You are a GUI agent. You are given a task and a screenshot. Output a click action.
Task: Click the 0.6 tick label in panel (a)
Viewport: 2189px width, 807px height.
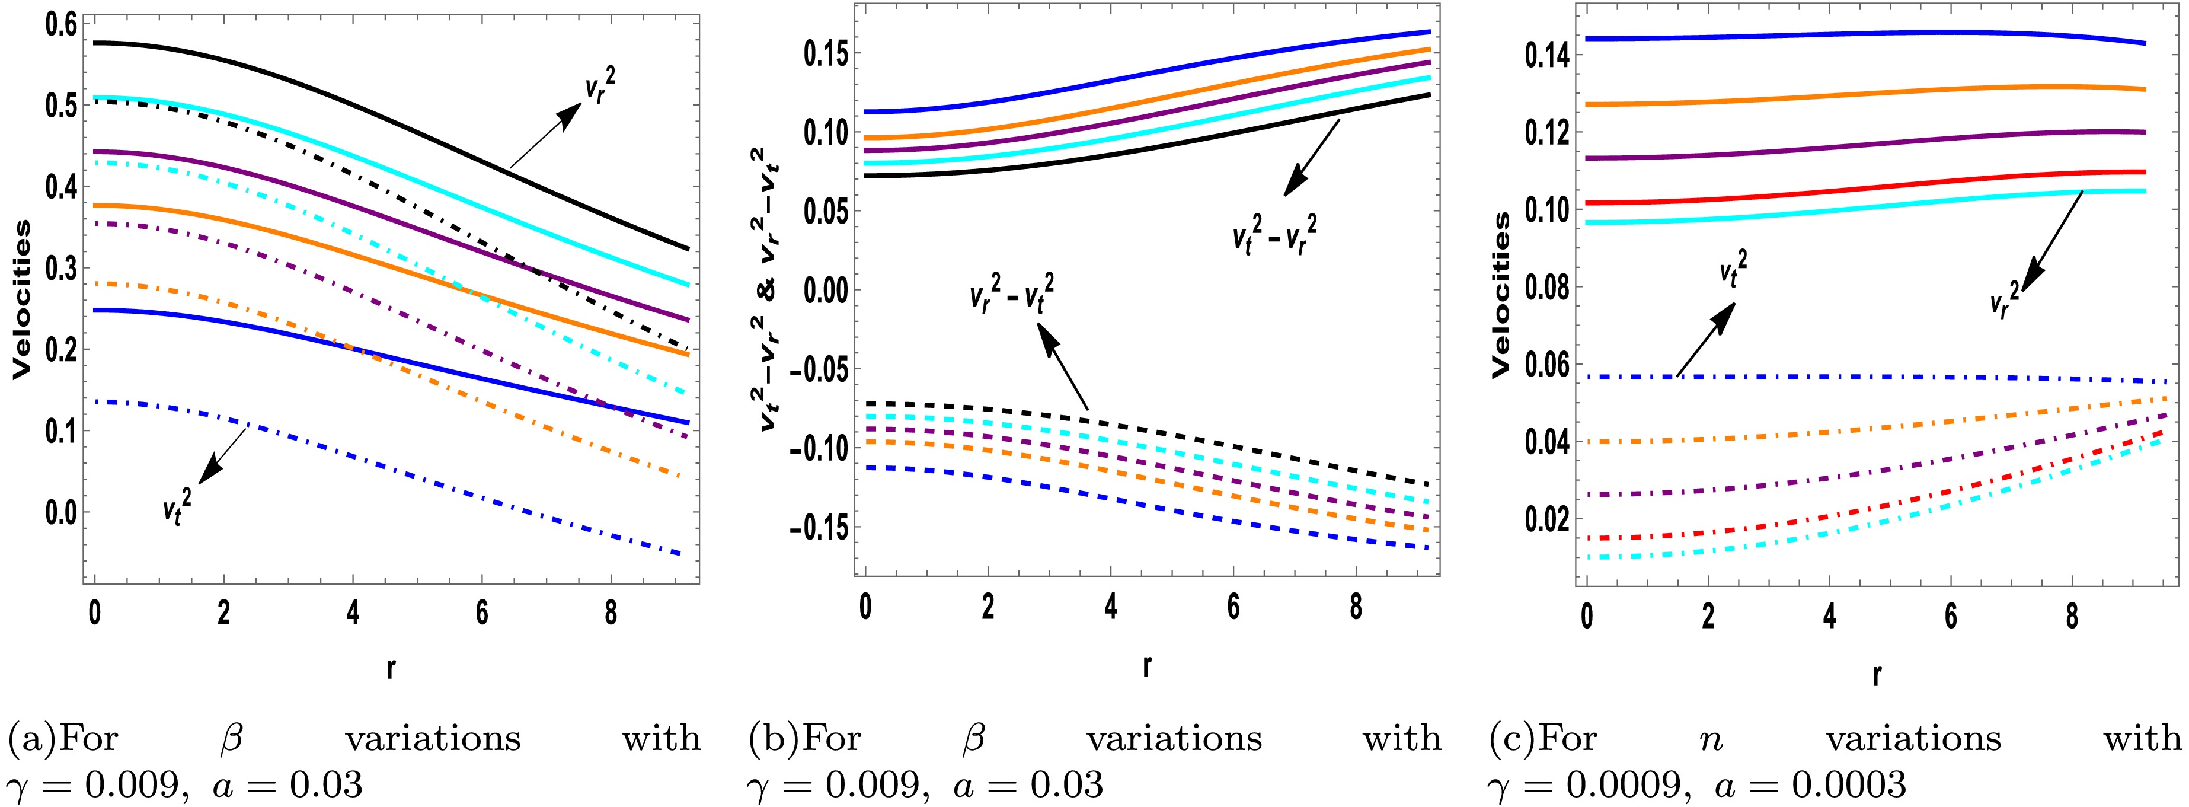click(53, 25)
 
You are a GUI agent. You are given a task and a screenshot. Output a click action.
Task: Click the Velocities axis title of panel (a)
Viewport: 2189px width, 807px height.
click(25, 298)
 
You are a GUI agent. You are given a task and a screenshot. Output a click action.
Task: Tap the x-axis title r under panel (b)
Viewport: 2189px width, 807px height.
click(1146, 666)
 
